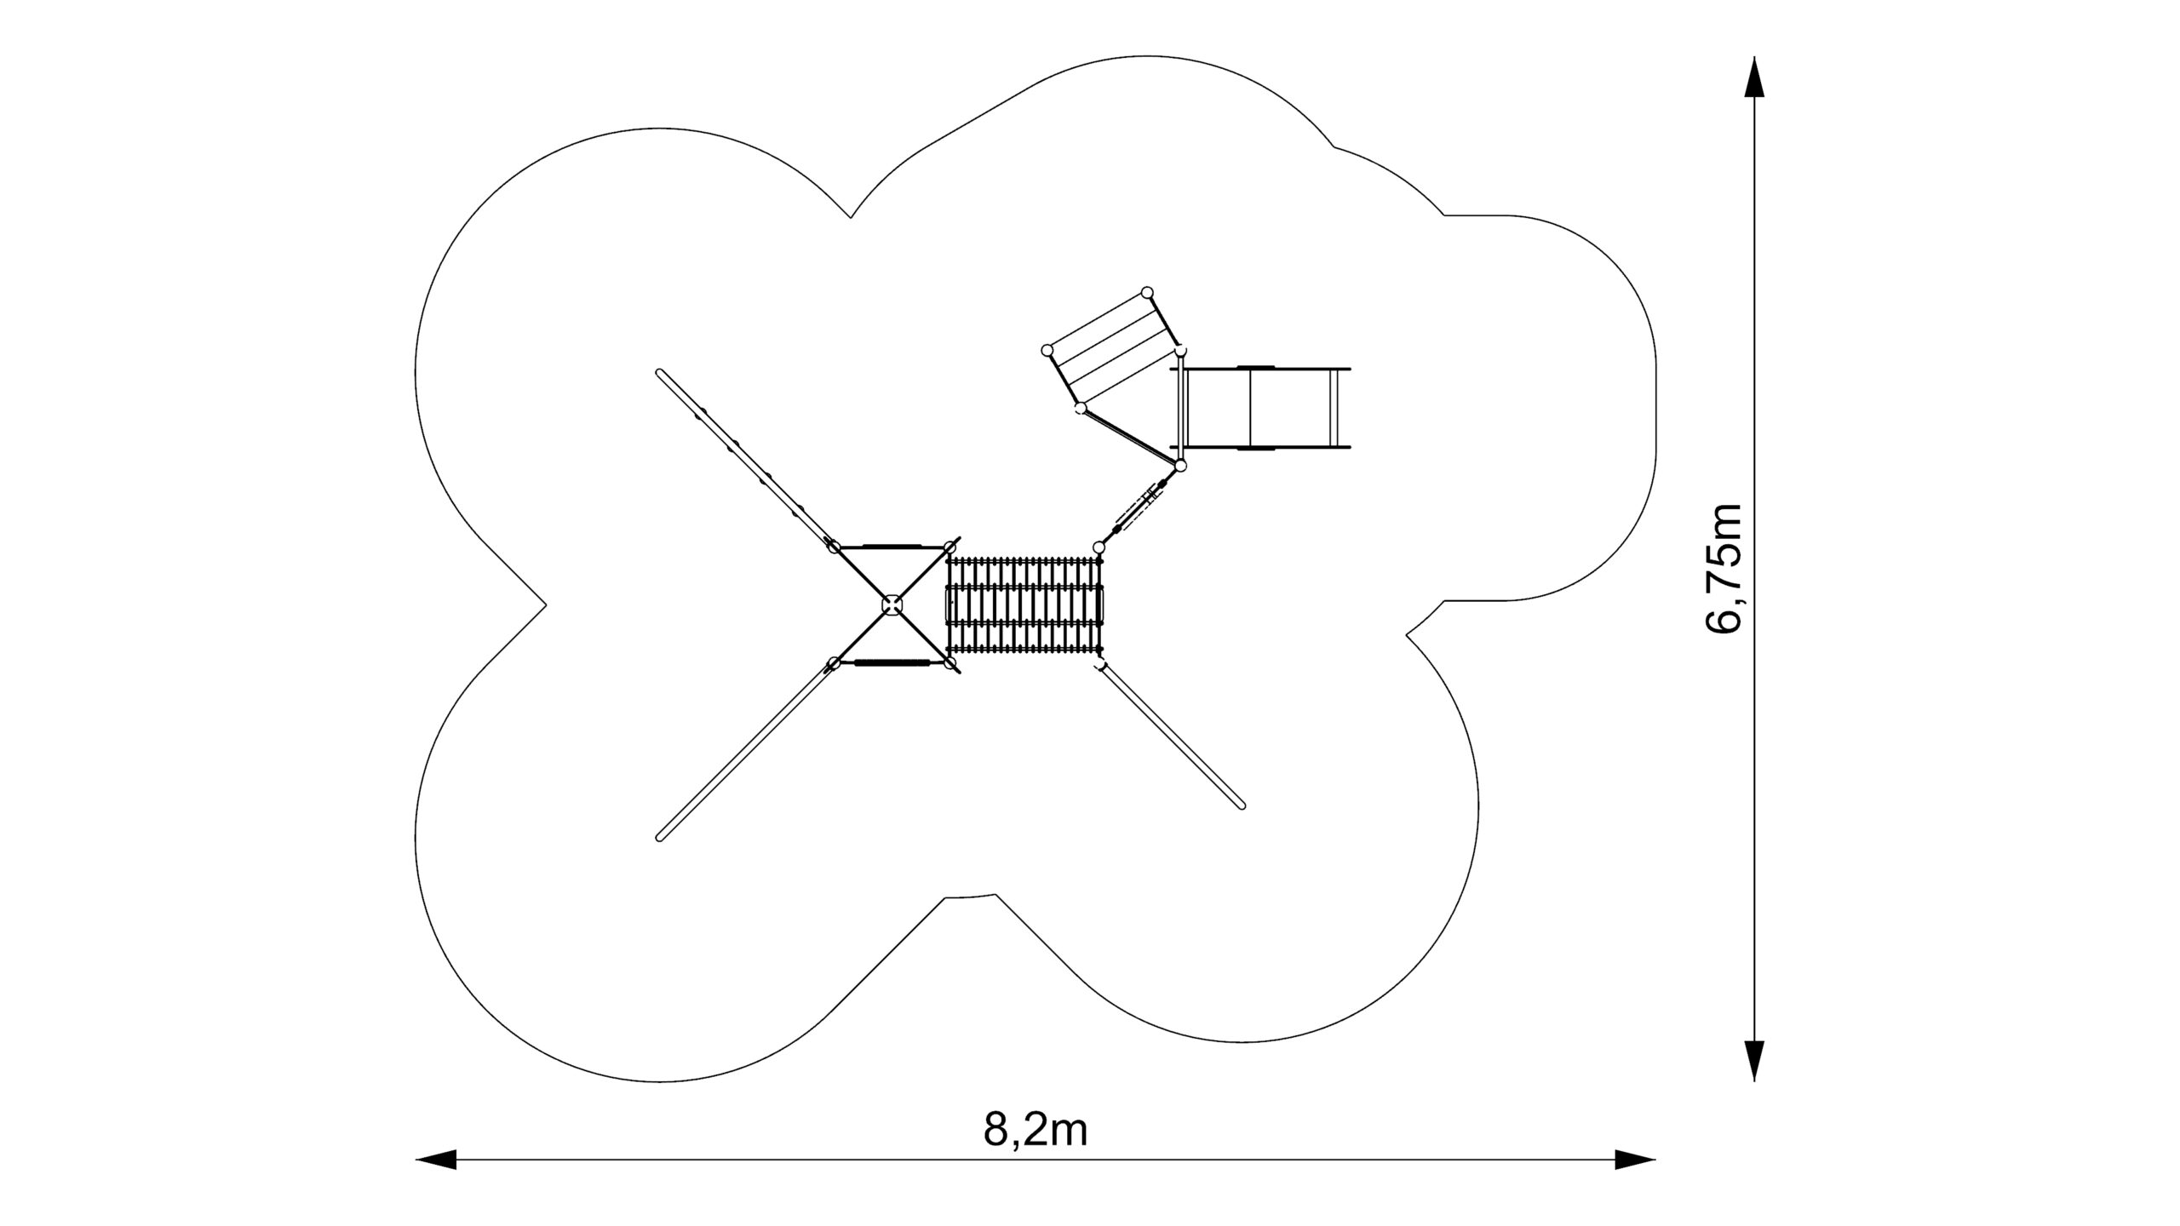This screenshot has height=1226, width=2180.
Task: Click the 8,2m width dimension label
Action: coord(1035,1130)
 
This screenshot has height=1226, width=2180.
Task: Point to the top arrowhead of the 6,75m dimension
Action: coord(1754,77)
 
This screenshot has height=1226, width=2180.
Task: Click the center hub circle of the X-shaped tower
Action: coord(892,604)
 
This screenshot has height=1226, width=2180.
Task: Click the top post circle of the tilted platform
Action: coord(1147,293)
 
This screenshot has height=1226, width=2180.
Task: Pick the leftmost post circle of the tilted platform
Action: coord(1047,350)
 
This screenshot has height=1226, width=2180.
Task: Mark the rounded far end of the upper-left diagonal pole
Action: coord(660,373)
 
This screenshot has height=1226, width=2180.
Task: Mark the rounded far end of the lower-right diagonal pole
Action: coord(1242,805)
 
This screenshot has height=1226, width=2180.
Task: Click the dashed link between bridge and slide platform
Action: coord(1139,507)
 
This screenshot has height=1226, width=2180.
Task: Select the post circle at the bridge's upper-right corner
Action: coord(1099,547)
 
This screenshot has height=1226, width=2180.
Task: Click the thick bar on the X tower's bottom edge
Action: coord(892,662)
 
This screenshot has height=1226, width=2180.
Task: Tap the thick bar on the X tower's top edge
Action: coord(892,546)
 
